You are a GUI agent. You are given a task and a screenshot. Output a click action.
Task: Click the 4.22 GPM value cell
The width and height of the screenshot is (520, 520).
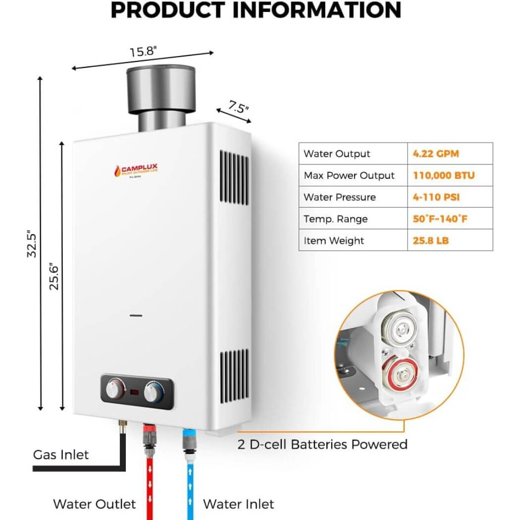[436, 154]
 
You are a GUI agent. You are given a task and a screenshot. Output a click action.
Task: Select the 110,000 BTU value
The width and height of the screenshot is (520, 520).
[444, 175]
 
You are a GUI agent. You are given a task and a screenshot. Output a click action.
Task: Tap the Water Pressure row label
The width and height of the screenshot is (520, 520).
[340, 197]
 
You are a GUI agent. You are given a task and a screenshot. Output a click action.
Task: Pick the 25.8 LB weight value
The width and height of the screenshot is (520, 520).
[431, 241]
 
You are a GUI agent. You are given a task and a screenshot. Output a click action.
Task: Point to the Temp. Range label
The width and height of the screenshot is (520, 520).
[336, 219]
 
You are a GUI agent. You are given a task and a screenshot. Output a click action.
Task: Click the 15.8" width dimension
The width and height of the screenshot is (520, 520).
[144, 51]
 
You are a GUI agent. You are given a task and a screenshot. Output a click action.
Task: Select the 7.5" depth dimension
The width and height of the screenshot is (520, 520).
[239, 107]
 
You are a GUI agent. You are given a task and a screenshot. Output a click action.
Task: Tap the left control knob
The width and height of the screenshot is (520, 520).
[114, 391]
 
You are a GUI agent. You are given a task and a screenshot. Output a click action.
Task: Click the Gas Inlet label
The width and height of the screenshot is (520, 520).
[61, 454]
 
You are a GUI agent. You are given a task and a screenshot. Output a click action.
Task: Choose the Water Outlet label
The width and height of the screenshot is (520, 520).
[94, 504]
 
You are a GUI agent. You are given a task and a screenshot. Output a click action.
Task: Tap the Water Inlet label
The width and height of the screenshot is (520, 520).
[238, 504]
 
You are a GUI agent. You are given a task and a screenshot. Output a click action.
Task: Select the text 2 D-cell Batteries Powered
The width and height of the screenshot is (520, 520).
[322, 444]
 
